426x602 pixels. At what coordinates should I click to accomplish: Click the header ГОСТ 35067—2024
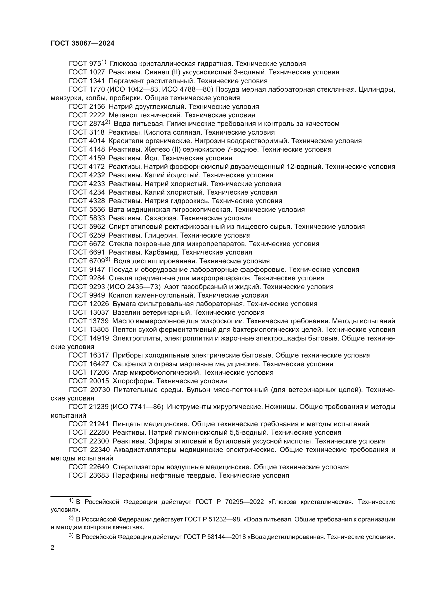[82, 43]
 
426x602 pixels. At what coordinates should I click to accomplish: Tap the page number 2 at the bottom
[53, 548]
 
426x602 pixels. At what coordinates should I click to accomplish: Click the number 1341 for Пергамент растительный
[97, 81]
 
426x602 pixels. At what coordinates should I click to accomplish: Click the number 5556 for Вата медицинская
[97, 210]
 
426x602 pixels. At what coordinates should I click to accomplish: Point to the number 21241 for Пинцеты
[99, 424]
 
